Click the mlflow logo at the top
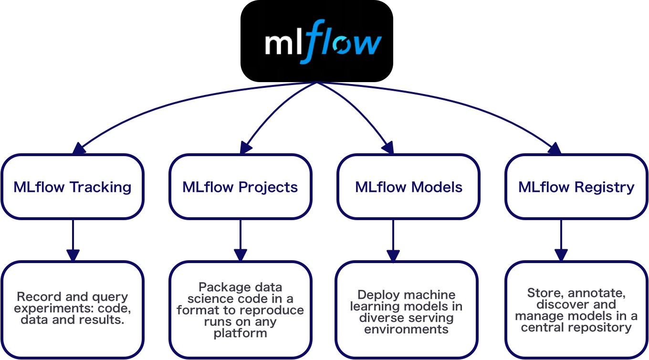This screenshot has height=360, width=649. click(x=316, y=41)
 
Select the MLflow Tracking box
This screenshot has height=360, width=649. click(x=72, y=187)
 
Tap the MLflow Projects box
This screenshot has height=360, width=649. click(x=240, y=187)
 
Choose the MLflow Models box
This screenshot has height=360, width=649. click(x=408, y=187)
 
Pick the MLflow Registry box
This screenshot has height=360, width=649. click(x=576, y=187)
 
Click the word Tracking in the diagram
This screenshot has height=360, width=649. click(x=101, y=187)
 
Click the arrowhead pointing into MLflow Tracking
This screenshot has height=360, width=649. click(x=78, y=148)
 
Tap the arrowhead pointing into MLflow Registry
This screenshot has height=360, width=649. click(x=555, y=148)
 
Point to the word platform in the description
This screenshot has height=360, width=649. click(x=240, y=333)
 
